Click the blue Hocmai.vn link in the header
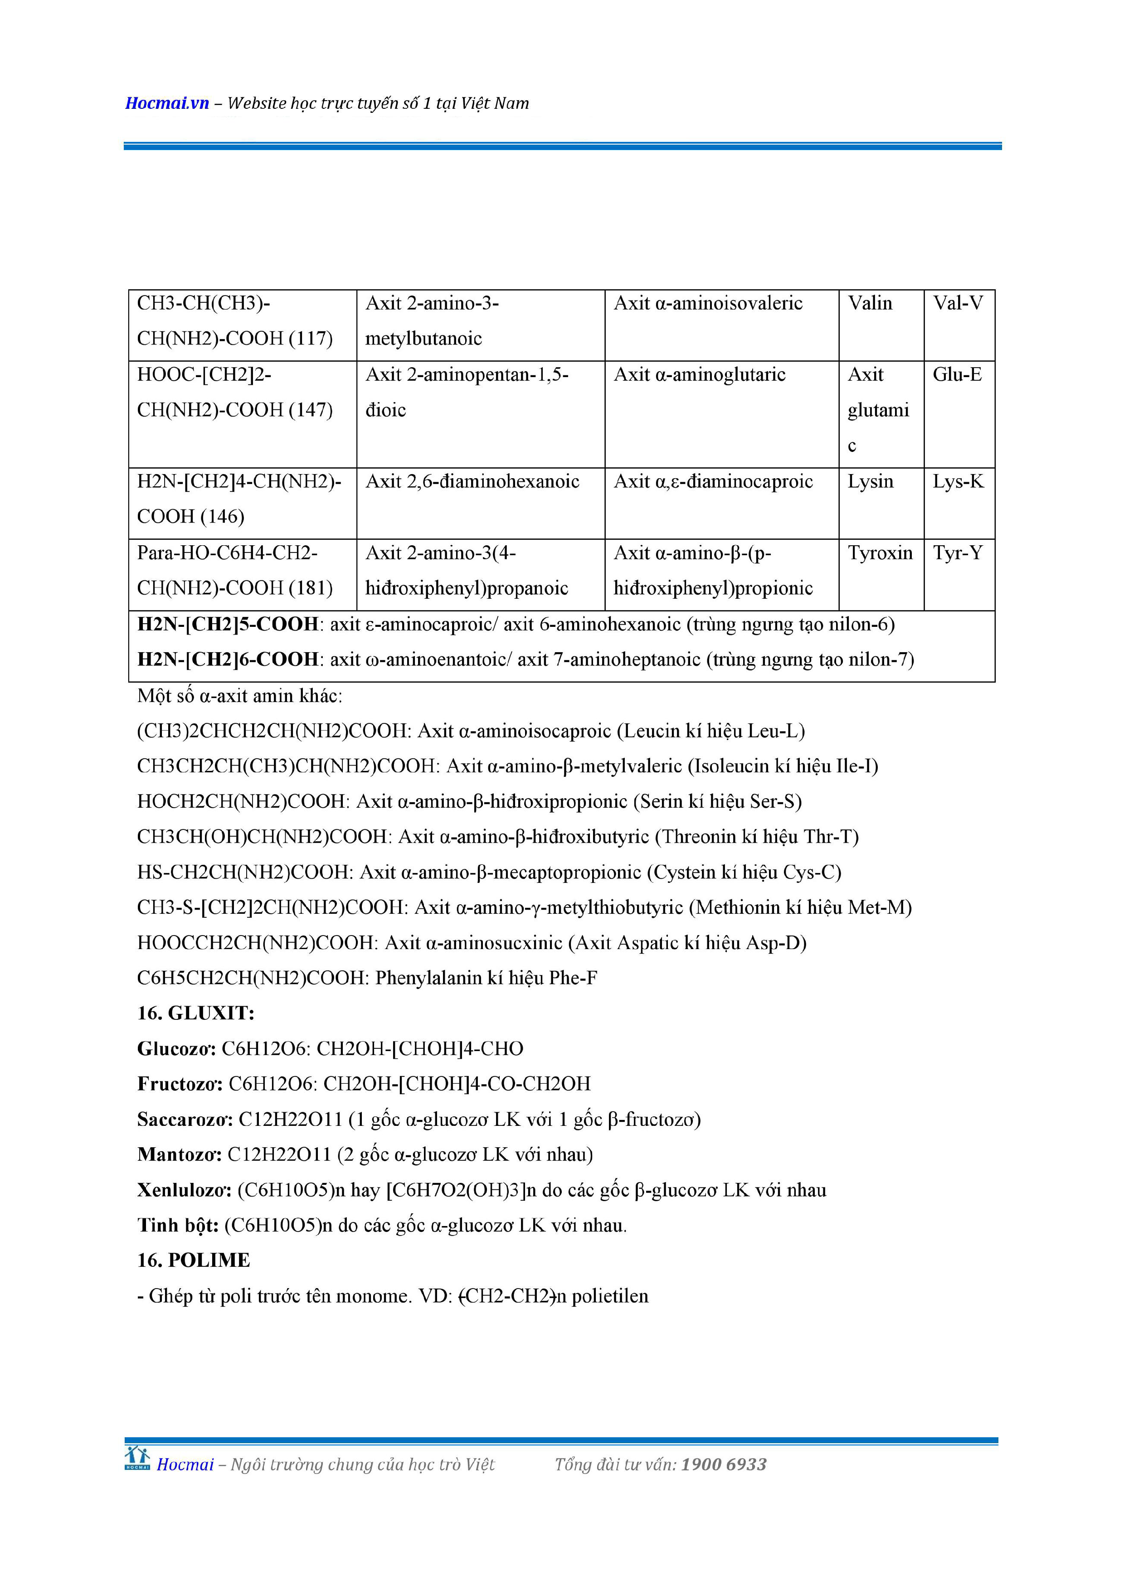167,103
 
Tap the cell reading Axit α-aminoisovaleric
708,303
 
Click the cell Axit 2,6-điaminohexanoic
472,481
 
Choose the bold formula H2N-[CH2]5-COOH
228,624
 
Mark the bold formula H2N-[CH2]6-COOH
228,659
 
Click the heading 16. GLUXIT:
196,1013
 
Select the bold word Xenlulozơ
184,1190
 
